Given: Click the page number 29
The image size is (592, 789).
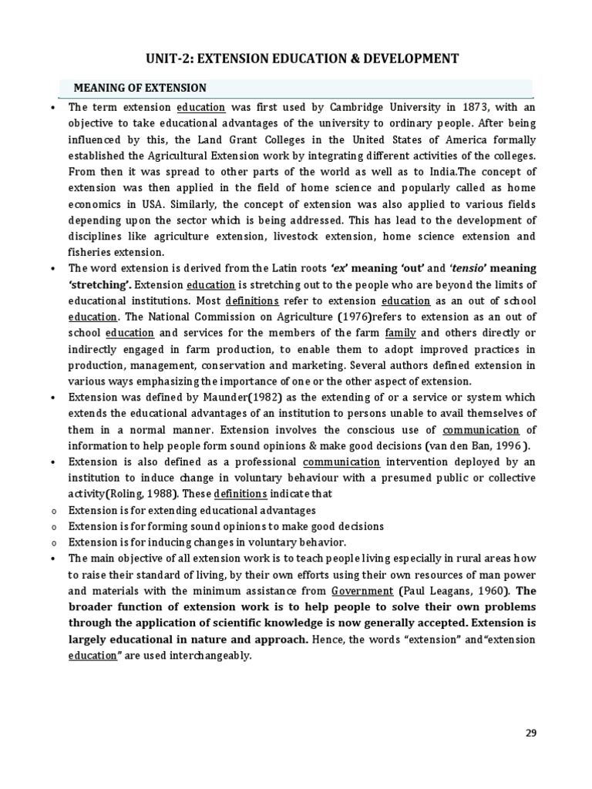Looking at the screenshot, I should click(x=530, y=733).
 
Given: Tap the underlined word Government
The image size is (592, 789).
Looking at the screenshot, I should click(x=362, y=592).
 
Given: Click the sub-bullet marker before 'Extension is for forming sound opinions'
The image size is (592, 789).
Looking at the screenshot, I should click(x=52, y=527).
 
